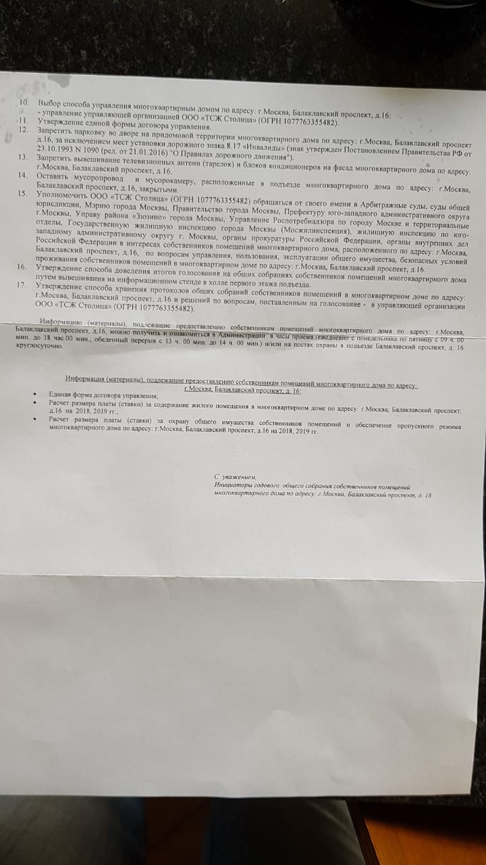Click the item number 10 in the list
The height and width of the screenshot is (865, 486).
click(x=24, y=102)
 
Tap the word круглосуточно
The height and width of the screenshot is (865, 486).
click(x=38, y=345)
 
